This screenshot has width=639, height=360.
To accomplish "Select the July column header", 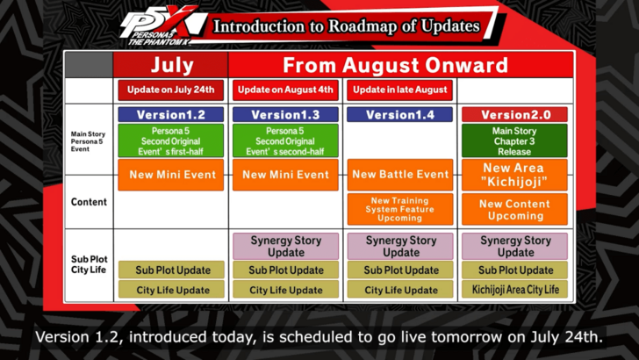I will (x=172, y=65).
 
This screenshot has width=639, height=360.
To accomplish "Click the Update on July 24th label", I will (x=172, y=90).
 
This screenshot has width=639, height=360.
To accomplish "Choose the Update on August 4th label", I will (x=286, y=90).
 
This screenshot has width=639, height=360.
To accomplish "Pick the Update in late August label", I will (x=400, y=90).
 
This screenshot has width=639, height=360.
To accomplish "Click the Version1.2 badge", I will (x=172, y=114).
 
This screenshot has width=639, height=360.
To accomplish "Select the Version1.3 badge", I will (x=286, y=114).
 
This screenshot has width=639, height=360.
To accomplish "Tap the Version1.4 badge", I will (x=400, y=114).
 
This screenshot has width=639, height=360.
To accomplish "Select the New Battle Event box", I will (x=400, y=175).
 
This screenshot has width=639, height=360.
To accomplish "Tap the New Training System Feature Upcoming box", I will (x=400, y=209).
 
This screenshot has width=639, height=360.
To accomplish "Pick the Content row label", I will (x=89, y=202).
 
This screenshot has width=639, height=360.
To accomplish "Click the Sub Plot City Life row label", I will (x=89, y=265).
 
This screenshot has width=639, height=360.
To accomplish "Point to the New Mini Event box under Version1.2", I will (x=172, y=175).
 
